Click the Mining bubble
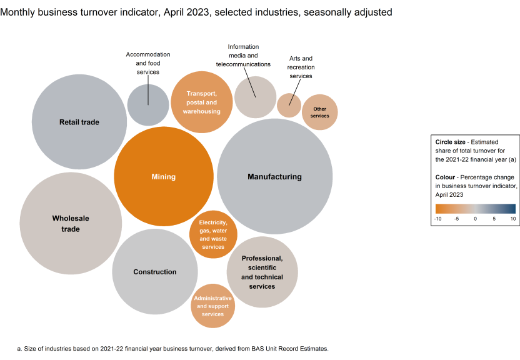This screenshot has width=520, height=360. coord(163,176)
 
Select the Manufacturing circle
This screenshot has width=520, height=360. coord(274,176)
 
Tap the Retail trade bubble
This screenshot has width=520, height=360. coord(79,122)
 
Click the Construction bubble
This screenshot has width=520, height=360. coord(154,271)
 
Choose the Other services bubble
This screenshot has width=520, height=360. coord(319,112)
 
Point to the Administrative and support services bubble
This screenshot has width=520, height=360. coord(212,306)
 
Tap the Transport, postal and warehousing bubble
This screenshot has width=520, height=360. coord(202,102)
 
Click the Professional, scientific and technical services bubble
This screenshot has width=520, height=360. coord(262,272)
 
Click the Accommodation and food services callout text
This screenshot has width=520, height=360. coord(148,63)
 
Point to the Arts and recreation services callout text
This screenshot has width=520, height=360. coord(301,67)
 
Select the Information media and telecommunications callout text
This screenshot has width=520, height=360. coord(243,56)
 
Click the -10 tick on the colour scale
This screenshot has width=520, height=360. coord(437,219)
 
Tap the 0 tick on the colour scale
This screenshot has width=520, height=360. coord(475,219)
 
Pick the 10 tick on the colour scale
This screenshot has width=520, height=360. coord(512,219)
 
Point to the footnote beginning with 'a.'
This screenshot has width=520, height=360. coord(172,348)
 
